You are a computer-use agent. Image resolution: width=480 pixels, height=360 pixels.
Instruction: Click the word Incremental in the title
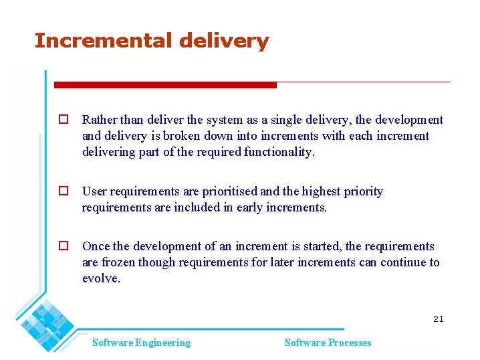104,41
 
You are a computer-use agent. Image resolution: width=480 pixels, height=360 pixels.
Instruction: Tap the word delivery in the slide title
224,41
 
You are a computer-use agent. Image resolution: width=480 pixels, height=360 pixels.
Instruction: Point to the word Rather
99,120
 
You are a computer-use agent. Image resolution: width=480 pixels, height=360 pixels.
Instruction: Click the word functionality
279,152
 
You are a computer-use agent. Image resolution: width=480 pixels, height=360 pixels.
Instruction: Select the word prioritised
229,192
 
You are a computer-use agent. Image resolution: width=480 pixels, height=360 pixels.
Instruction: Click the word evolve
101,278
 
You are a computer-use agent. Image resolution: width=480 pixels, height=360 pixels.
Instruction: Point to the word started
323,247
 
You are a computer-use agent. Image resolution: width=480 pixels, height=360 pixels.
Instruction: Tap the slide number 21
438,319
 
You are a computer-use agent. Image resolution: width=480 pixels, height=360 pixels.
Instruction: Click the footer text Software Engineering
141,343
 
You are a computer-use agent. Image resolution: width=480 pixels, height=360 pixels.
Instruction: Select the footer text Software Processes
328,343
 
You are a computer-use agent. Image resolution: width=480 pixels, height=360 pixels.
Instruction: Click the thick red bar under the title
165,85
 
